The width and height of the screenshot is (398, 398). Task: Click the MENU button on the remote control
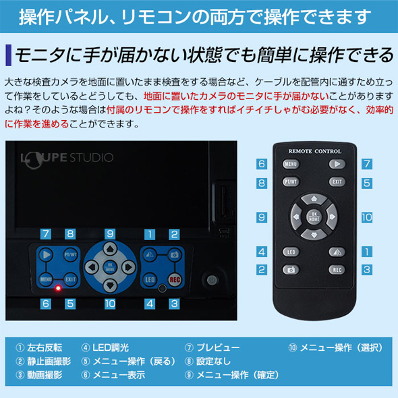click(291, 164)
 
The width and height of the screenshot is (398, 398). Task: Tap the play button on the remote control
click(337, 164)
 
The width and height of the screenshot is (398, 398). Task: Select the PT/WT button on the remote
click(291, 181)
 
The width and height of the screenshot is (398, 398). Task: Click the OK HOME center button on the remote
click(314, 217)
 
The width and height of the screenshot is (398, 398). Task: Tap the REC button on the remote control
click(337, 270)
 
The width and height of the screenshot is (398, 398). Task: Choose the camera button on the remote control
click(291, 270)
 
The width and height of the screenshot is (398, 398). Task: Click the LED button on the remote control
click(291, 252)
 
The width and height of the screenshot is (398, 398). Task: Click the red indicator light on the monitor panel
click(58, 288)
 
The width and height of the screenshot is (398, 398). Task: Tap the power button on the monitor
click(212, 280)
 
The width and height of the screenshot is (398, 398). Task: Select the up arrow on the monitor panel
click(110, 249)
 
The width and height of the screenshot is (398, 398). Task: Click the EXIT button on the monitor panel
click(70, 279)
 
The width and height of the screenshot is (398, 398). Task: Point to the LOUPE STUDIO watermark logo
click(67, 159)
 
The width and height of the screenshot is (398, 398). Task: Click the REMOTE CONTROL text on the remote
click(315, 151)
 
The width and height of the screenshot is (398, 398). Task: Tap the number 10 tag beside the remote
click(367, 217)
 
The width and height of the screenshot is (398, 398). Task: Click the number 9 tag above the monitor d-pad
click(110, 234)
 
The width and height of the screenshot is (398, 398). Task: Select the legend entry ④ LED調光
click(105, 347)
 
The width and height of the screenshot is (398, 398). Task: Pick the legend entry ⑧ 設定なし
click(208, 361)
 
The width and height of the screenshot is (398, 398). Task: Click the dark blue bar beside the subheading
click(9, 55)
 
